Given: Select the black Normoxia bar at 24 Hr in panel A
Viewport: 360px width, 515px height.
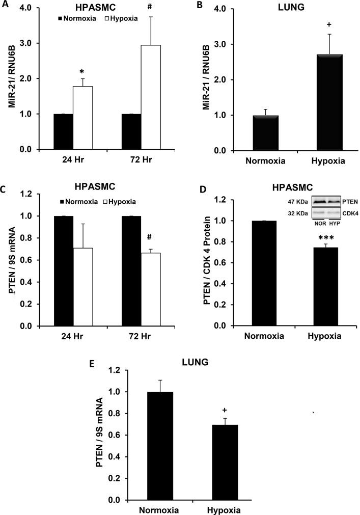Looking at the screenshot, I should [63, 131].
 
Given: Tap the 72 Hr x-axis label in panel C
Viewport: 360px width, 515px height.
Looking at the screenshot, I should [141, 337].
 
